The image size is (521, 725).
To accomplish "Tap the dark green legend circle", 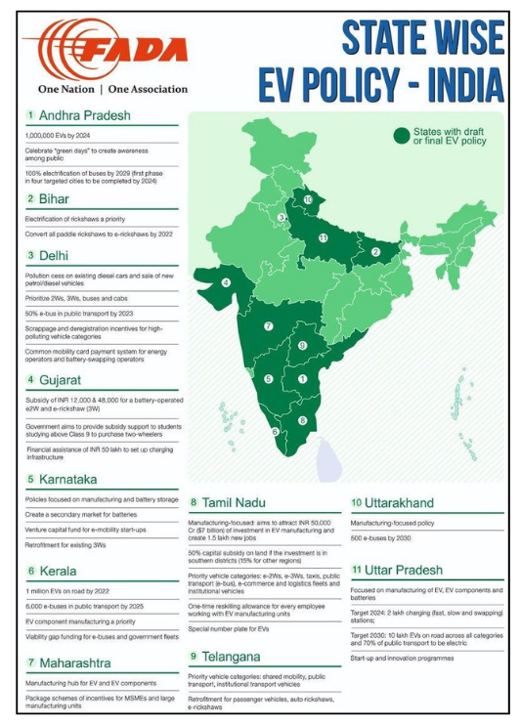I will click(x=401, y=135).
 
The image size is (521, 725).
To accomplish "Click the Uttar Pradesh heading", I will click(x=404, y=570).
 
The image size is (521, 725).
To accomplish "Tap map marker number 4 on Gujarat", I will click(x=227, y=282).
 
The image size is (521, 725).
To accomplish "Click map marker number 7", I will click(x=269, y=326).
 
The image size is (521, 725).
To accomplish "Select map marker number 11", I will click(x=324, y=238).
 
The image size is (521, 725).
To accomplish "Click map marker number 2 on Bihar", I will click(x=375, y=252).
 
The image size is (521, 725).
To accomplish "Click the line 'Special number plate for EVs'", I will click(x=231, y=629).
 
